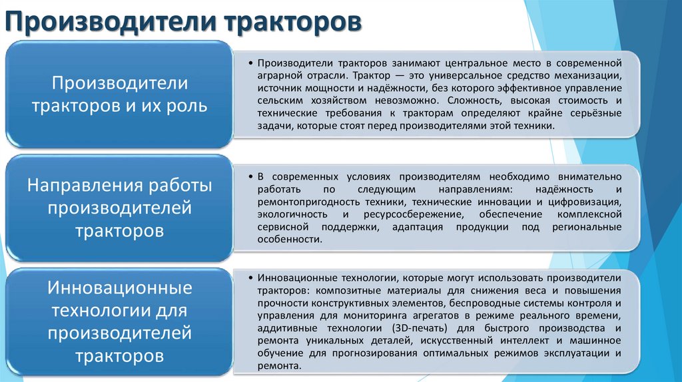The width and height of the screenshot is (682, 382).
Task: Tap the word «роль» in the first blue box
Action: (183, 105)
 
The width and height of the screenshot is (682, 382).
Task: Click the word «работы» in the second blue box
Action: (180, 186)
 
